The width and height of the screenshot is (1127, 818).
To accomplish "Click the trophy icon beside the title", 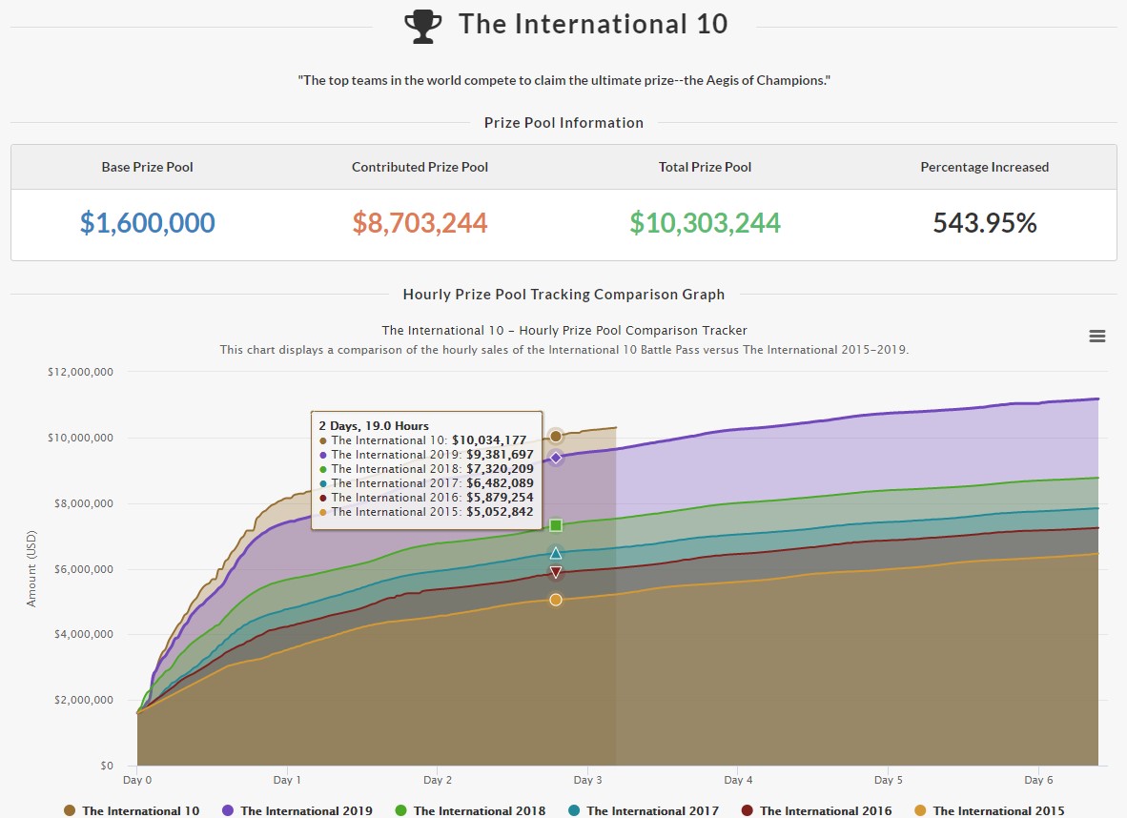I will (423, 26).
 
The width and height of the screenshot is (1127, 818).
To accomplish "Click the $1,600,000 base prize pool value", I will (147, 223).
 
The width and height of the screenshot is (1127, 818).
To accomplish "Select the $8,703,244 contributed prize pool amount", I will (420, 223).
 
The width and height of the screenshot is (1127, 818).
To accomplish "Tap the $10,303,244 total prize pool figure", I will (705, 223).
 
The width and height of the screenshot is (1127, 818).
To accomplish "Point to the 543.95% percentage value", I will (984, 223).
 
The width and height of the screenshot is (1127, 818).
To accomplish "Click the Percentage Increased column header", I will (984, 167).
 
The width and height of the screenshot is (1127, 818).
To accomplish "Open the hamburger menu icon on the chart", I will (1096, 336).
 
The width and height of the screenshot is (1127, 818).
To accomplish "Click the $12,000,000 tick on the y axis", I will (80, 372).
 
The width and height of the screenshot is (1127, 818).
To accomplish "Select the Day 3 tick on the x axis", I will (587, 780).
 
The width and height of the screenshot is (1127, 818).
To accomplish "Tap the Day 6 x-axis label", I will (1037, 780).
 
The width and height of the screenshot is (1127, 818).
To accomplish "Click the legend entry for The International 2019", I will (297, 810).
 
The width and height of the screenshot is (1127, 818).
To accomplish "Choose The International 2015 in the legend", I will (988, 810).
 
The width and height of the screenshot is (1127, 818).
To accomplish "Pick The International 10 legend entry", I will (132, 810).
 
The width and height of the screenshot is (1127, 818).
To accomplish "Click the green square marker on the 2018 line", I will (556, 525).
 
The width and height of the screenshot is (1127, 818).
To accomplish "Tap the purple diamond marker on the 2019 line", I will (556, 458).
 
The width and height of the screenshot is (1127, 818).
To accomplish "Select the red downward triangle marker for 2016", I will (556, 572).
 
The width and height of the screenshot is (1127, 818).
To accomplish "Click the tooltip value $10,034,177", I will (489, 440).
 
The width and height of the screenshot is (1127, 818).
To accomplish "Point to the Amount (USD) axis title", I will (31, 568).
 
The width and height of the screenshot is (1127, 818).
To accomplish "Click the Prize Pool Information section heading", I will (563, 123).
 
